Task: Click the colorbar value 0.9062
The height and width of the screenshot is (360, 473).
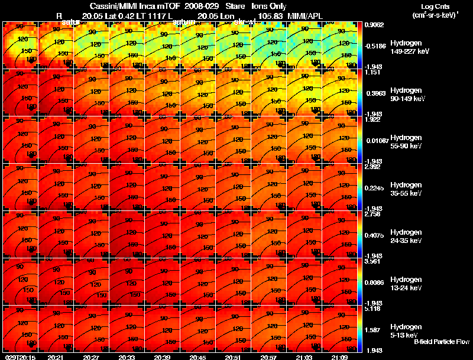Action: (375, 25)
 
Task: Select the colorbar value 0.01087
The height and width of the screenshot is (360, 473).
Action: (376, 140)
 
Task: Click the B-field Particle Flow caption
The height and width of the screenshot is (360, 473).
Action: (441, 342)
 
